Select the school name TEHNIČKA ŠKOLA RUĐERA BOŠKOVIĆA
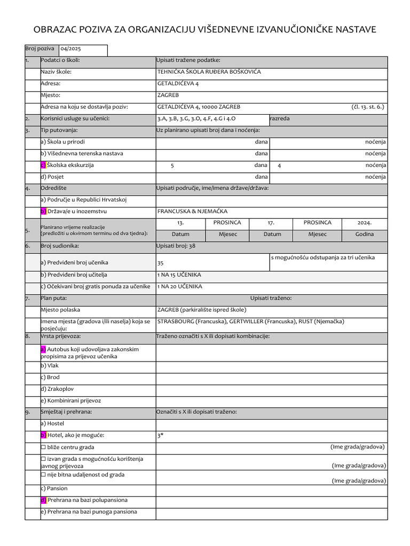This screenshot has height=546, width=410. (x=209, y=71)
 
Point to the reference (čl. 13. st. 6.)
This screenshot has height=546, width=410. (x=368, y=107)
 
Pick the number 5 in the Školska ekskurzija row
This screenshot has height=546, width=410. (x=172, y=166)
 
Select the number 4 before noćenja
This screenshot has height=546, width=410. (x=279, y=166)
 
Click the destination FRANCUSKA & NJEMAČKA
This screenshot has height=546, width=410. (x=190, y=211)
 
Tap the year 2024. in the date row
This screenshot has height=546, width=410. (x=365, y=223)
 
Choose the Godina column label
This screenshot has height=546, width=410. (x=365, y=234)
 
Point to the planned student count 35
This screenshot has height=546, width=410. (x=161, y=263)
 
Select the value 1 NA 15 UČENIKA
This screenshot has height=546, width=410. (x=179, y=275)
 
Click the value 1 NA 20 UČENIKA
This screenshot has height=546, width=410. (x=180, y=286)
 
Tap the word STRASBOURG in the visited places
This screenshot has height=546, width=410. (x=176, y=322)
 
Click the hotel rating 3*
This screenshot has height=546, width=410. (x=160, y=436)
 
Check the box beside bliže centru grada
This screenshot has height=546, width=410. (x=43, y=447)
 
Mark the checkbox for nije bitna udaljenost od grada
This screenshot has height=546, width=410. (x=43, y=475)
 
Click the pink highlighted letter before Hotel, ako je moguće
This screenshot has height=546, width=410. (x=43, y=435)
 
